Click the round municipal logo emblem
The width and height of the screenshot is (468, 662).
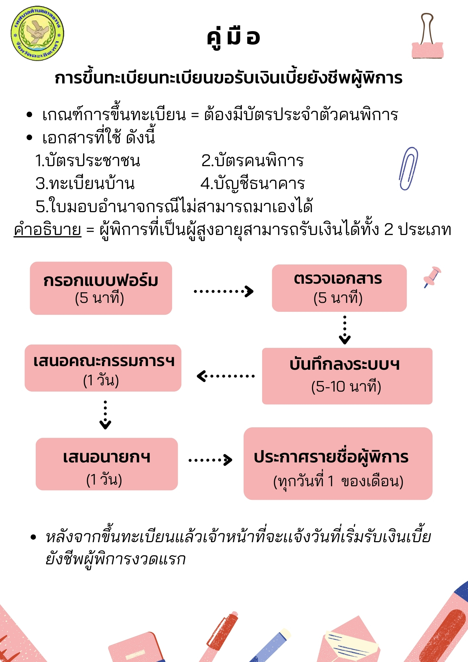coord(37,33)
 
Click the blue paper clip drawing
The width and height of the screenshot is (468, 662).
coord(408,168)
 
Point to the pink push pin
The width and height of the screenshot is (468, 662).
coord(432,276)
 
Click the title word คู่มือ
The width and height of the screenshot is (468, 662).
coord(233,37)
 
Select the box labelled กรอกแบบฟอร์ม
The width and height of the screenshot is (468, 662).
coord(101,288)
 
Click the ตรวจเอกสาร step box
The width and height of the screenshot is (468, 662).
coord(339,288)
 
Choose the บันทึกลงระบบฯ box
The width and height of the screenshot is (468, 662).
coord(347,376)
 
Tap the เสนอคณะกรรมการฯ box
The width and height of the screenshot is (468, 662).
coord(103,368)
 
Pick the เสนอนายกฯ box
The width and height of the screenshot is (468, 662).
coord(107,464)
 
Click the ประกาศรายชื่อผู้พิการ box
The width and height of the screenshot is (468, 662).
coord(338,463)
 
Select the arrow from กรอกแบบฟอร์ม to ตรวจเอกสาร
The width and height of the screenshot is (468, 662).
coord(224,291)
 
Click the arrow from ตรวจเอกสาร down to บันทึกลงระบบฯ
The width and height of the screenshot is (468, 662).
coord(345,330)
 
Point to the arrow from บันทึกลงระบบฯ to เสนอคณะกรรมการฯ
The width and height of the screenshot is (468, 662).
coord(226,376)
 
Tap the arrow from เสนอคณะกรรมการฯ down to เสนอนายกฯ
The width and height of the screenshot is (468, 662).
coord(105,415)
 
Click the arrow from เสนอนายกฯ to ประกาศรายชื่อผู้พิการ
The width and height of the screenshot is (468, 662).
coord(211,459)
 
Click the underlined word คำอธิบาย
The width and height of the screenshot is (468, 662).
coord(47,229)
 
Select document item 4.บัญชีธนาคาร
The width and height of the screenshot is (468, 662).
coord(253,183)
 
